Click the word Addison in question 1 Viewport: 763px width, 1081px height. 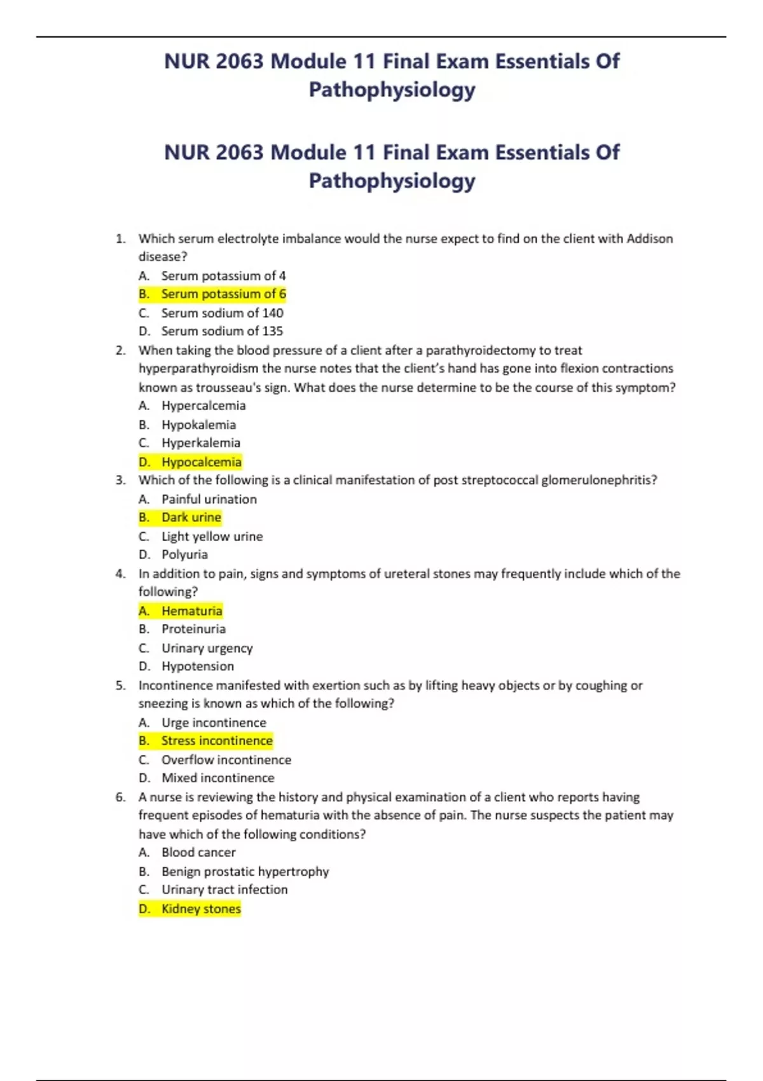pos(649,238)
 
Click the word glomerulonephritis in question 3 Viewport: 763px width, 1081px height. pos(599,480)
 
